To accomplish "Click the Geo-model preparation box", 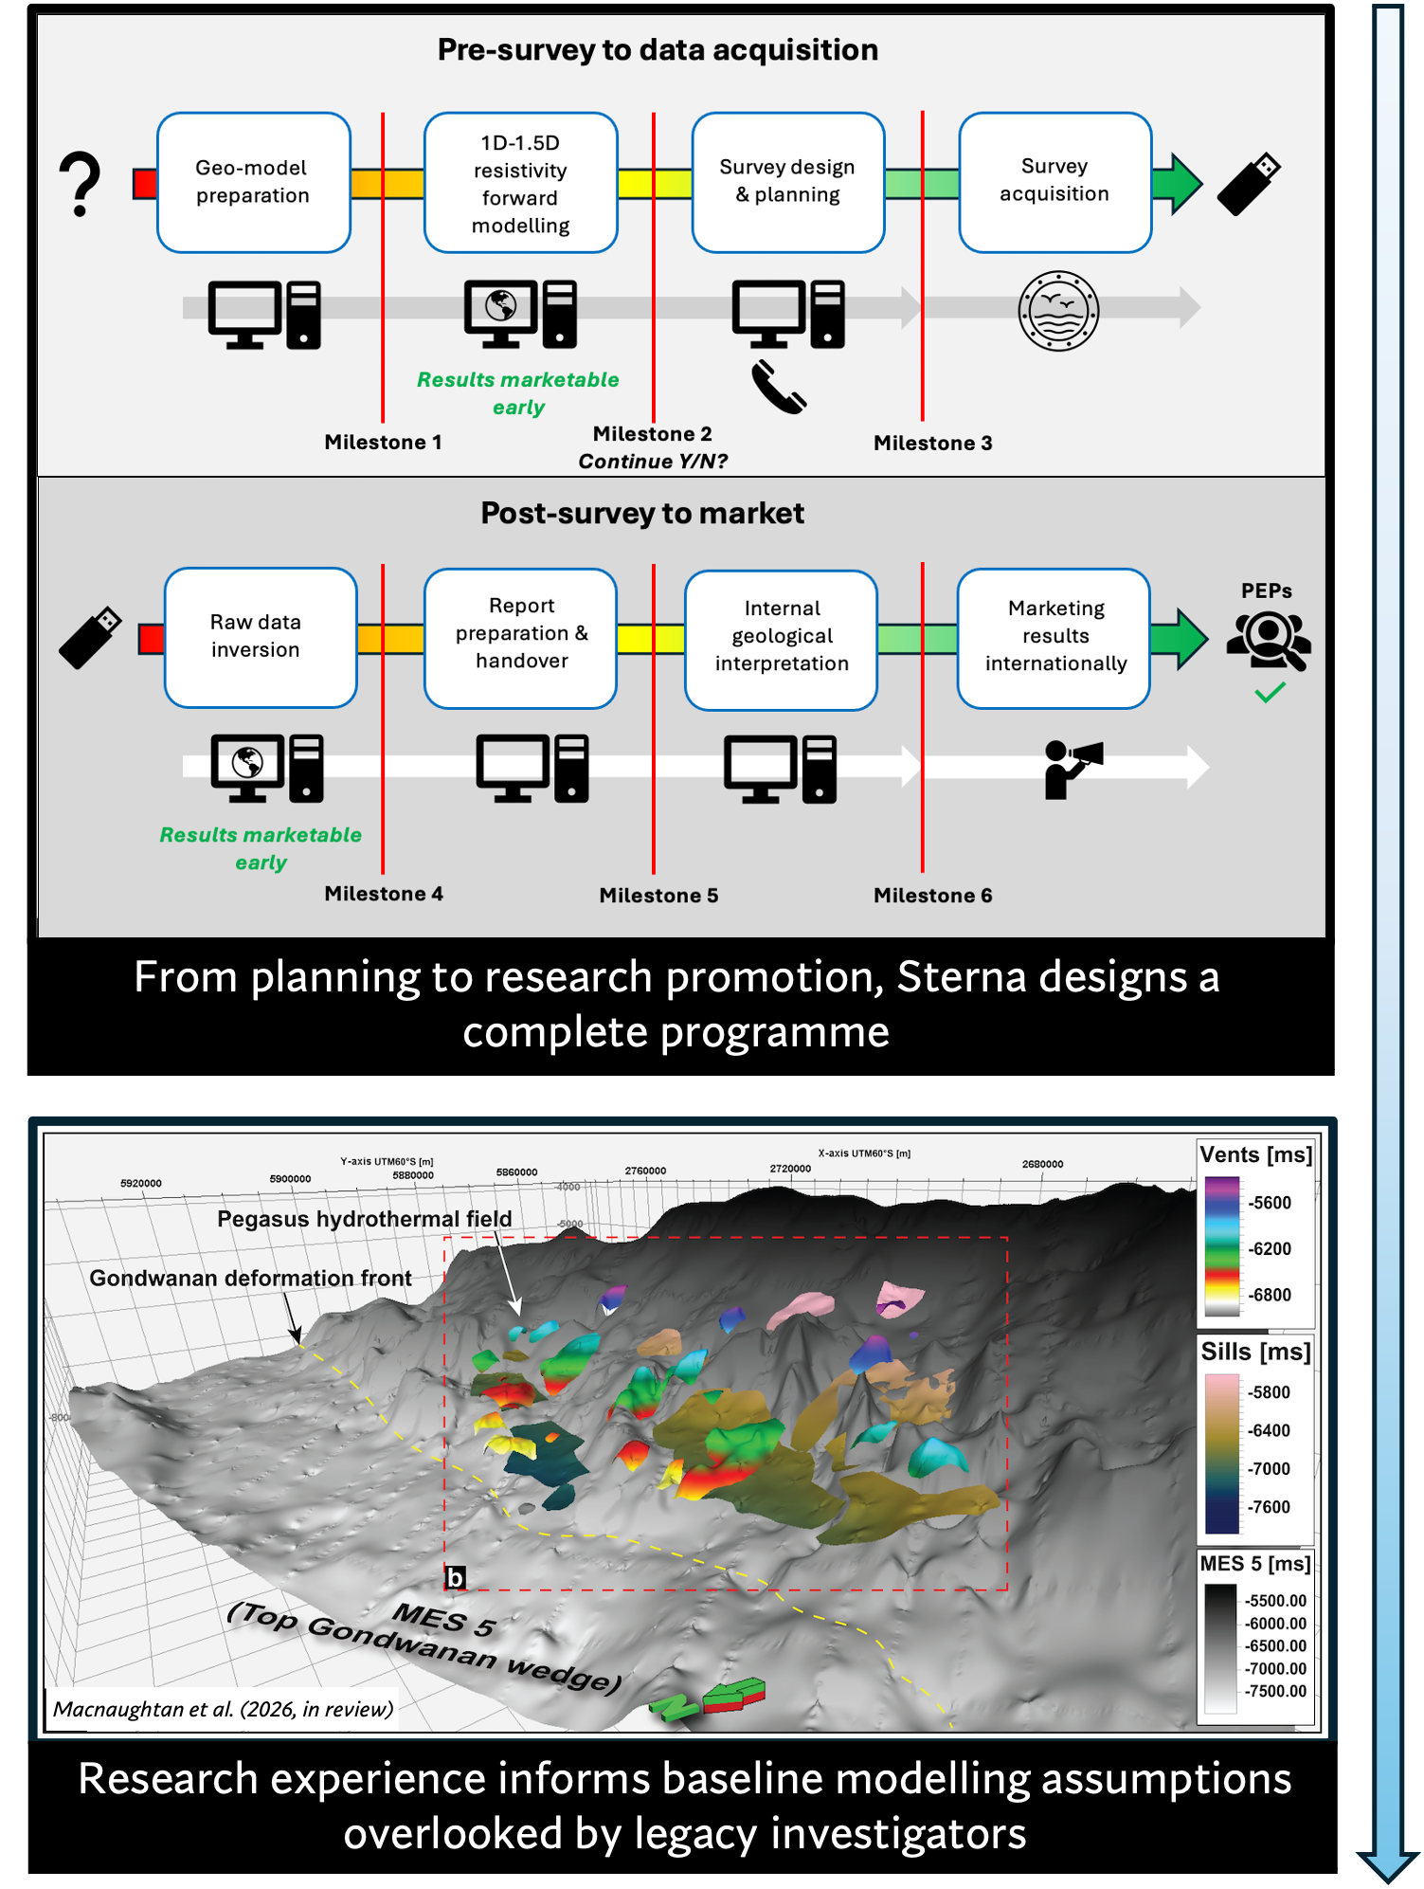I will pos(253,182).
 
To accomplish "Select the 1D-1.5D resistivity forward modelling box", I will pos(520,183).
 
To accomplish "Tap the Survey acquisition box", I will pos(1054,181).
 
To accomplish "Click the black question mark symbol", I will pos(81,185).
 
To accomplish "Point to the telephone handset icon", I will pos(778,387).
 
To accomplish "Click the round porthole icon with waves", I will pos(1058,311).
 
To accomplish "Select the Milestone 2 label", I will pos(652,434).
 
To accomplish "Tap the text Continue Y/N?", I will pos(653,462).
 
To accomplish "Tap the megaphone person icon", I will pos(1072,769).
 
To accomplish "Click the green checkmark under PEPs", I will pos(1270,693).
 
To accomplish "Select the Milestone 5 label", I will pos(658,896).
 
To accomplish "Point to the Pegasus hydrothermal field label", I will pos(364,1219).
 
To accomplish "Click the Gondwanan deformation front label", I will pos(250,1279).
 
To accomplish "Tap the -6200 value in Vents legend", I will pos(1270,1249).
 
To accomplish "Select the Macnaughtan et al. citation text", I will pos(223,1709).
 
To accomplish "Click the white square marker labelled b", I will pos(456,1578).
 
